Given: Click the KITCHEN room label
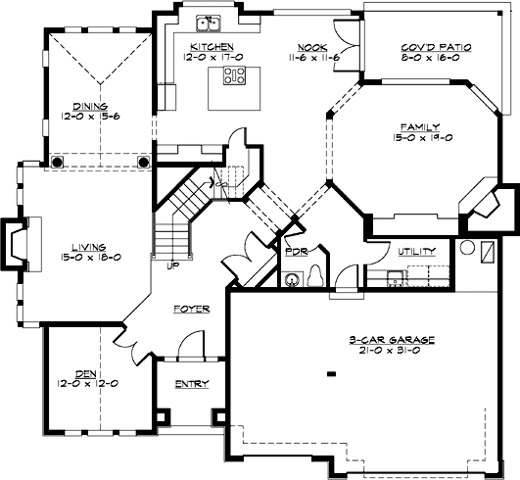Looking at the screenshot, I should [x=212, y=46].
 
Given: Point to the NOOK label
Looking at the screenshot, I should [x=313, y=46].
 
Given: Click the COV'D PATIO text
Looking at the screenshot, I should [x=424, y=46].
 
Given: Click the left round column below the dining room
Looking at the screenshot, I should [x=59, y=160].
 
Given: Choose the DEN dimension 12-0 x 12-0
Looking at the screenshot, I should [x=86, y=383].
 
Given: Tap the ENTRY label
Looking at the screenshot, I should [x=192, y=384].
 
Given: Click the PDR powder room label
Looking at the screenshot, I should [x=297, y=251].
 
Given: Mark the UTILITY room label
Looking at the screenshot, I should [x=415, y=251].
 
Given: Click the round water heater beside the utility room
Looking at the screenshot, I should [x=467, y=248].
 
